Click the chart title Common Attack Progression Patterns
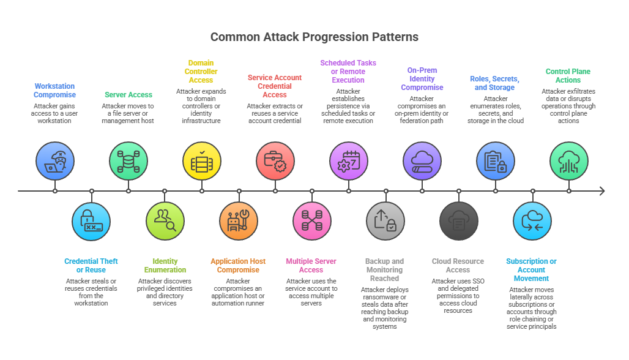(314, 37)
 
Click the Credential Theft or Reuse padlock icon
(92, 220)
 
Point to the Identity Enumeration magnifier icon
(165, 220)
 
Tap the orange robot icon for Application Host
(239, 220)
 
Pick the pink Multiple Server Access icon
(312, 220)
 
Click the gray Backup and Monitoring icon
(385, 220)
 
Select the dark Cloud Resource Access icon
(459, 220)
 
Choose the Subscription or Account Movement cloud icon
(532, 220)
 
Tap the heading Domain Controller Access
(201, 72)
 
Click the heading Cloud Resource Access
(458, 266)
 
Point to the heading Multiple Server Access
(311, 266)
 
